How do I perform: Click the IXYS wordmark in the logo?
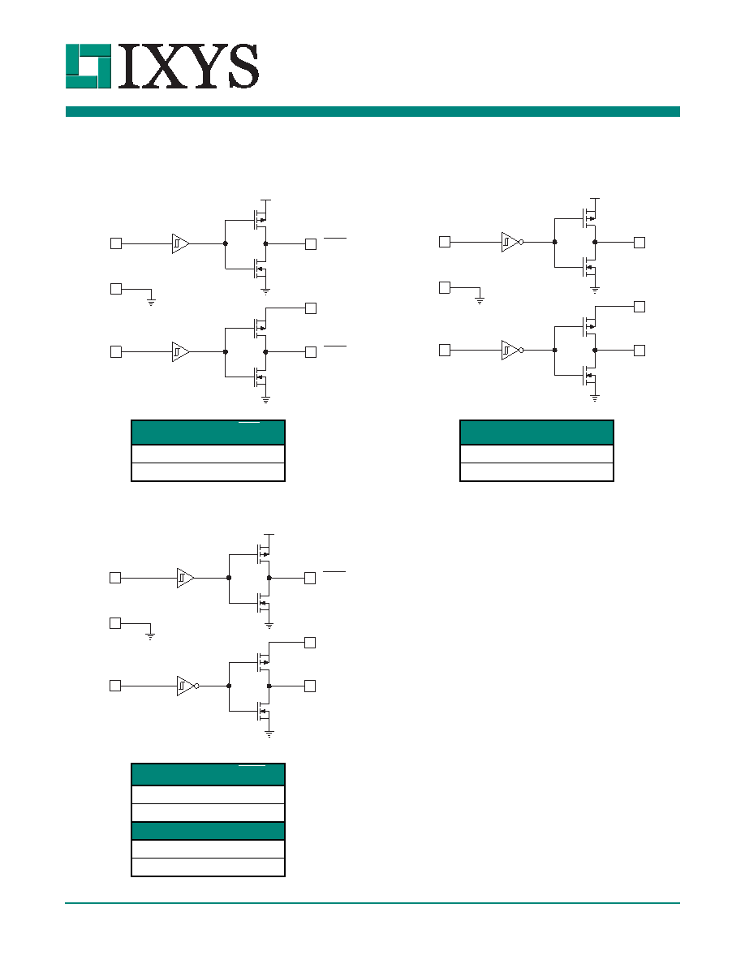(x=187, y=67)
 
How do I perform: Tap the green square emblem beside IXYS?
(x=88, y=67)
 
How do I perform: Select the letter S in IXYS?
(x=242, y=67)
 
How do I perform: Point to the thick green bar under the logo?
(x=372, y=111)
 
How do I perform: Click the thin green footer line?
(x=372, y=902)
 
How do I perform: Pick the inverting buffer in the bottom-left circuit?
(x=187, y=686)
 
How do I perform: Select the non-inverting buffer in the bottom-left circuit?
(x=186, y=578)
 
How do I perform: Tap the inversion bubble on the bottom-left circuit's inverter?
(x=196, y=686)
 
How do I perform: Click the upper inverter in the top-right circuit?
(x=512, y=243)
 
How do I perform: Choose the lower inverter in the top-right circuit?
(x=512, y=350)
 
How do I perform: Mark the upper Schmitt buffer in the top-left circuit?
(x=181, y=243)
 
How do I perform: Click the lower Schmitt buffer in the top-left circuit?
(x=181, y=351)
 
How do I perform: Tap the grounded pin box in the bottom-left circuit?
(x=115, y=623)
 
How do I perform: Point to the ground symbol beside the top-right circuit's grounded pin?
(x=480, y=300)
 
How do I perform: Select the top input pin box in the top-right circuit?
(x=445, y=242)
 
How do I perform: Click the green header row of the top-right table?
(x=536, y=433)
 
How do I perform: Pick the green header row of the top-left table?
(x=208, y=433)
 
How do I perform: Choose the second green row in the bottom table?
(x=208, y=831)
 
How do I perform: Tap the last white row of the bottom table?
(x=208, y=867)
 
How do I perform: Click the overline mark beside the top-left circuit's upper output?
(x=335, y=237)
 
